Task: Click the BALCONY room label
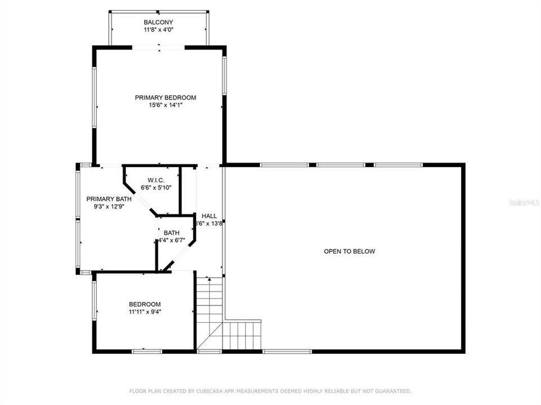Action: pyautogui.click(x=158, y=22)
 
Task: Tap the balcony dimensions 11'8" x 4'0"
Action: pyautogui.click(x=158, y=30)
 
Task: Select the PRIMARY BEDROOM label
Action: pyautogui.click(x=165, y=97)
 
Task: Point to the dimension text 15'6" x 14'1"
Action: pyautogui.click(x=165, y=105)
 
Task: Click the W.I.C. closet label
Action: pyautogui.click(x=156, y=180)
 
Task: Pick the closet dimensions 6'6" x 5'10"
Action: pyautogui.click(x=156, y=188)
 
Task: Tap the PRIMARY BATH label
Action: pyautogui.click(x=109, y=199)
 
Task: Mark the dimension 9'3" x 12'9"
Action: pyautogui.click(x=109, y=206)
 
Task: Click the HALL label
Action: pyautogui.click(x=209, y=216)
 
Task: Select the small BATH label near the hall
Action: pyautogui.click(x=172, y=233)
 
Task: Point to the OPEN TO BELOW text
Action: pyautogui.click(x=349, y=251)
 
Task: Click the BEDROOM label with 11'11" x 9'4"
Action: pyautogui.click(x=145, y=304)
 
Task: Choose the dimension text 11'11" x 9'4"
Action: pyautogui.click(x=145, y=312)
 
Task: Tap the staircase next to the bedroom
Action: pyautogui.click(x=210, y=315)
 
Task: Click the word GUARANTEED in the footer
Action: pyautogui.click(x=392, y=391)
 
